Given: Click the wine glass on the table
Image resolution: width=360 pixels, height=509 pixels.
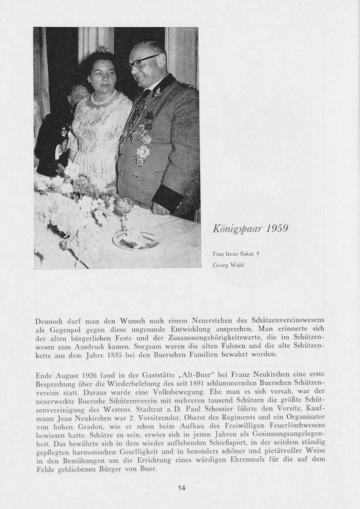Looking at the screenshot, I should (x=123, y=213).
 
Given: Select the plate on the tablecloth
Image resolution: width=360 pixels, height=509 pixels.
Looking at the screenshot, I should (x=136, y=240).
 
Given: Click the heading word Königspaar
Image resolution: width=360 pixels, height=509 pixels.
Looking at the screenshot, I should (x=237, y=228).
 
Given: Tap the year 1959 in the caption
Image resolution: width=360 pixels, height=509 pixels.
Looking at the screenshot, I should (x=277, y=228).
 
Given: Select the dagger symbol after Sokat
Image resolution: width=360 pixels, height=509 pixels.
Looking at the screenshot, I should (x=258, y=254).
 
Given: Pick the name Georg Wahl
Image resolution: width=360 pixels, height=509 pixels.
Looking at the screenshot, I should (x=228, y=265).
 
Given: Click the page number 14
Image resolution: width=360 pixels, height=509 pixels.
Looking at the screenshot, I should (x=181, y=488).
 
